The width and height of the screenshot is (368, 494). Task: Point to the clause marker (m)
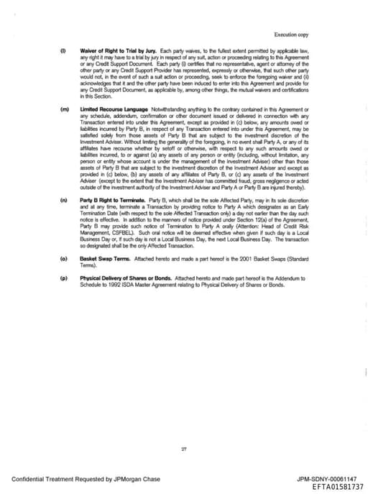tap(64, 109)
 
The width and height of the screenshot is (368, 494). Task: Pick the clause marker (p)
tap(64, 277)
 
